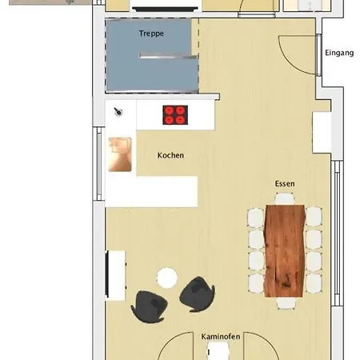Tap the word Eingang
click(340, 54)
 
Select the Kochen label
click(171, 155)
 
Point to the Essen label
click(285, 184)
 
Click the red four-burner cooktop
click(175, 115)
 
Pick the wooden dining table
click(285, 250)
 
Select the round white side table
click(167, 278)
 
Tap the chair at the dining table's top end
click(285, 198)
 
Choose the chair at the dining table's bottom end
click(285, 303)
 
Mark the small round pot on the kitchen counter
click(118, 112)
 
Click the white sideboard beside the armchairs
click(115, 274)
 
